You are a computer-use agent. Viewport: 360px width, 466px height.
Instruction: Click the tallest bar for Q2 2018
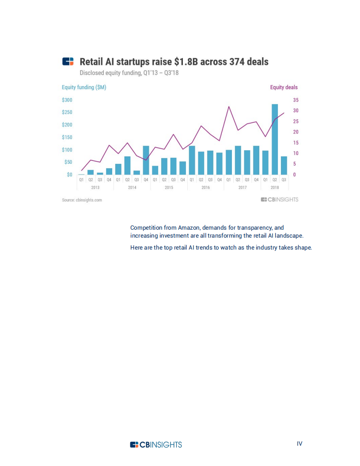point(275,140)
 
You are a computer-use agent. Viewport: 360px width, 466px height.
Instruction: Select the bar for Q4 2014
point(146,160)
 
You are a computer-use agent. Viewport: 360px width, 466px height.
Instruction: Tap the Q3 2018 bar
point(284,166)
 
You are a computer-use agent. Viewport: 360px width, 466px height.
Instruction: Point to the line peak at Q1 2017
point(229,107)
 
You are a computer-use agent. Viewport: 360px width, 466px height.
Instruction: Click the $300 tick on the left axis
point(67,100)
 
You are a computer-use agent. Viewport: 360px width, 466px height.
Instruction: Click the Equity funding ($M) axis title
point(84,87)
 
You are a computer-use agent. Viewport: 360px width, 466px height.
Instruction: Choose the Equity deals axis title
point(284,87)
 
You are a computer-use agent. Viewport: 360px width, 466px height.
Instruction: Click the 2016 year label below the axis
point(205,188)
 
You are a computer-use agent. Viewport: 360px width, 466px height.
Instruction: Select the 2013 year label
point(95,188)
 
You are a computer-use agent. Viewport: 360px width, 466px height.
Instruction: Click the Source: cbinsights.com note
point(82,200)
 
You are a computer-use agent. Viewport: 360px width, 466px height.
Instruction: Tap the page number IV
point(299,443)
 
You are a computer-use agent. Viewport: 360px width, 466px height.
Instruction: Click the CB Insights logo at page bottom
point(156,444)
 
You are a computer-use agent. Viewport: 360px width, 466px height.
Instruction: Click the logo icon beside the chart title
point(68,61)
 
